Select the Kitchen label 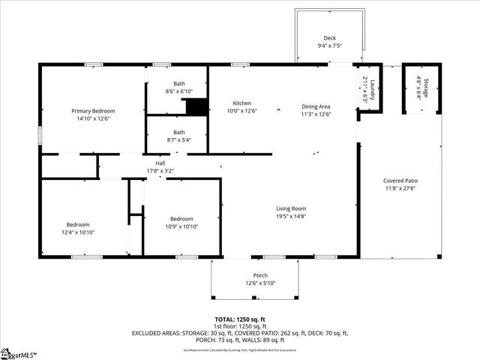[241, 103]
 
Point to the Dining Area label [316, 106]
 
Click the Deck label [330, 38]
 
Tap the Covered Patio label [400, 181]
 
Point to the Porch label [260, 275]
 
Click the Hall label [160, 163]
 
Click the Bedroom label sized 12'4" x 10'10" [78, 224]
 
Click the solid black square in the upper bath [196, 107]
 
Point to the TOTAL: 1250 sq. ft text [239, 319]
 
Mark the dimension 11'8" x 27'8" [400, 188]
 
